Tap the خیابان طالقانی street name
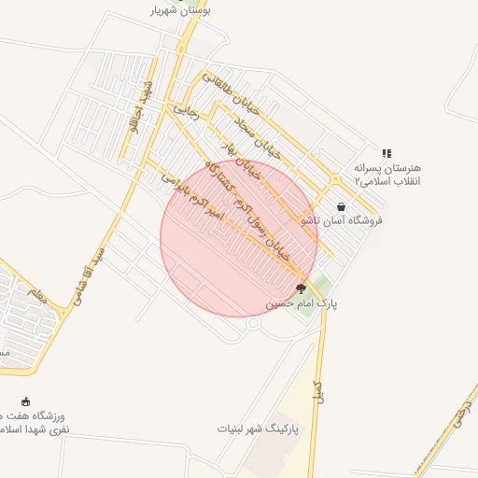[223, 91]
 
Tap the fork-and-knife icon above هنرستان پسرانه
[386, 153]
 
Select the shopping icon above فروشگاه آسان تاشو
[341, 206]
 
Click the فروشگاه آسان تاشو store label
[341, 221]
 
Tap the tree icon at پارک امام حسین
[300, 288]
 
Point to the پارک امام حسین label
[302, 303]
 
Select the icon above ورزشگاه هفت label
[25, 401]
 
